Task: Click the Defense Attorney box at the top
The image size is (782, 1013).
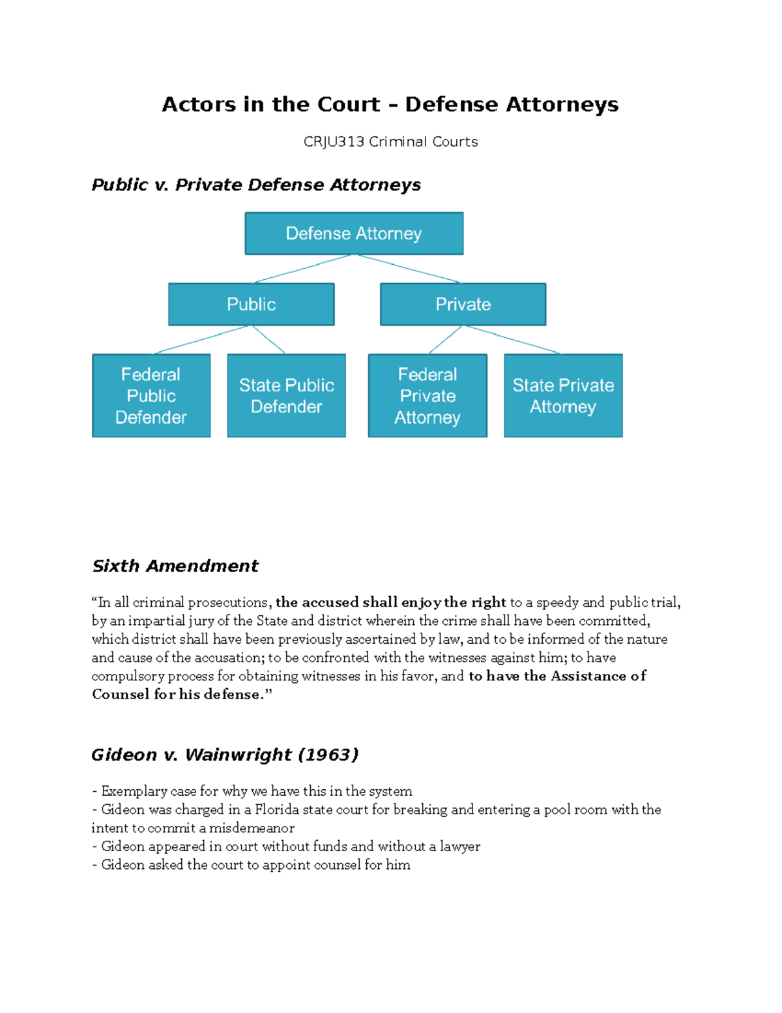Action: coord(354,234)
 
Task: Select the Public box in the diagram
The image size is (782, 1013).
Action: coord(251,304)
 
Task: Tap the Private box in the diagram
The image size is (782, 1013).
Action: coord(463,304)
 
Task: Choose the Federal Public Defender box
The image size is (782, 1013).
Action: coord(151,395)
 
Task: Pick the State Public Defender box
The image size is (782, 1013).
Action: coord(286,395)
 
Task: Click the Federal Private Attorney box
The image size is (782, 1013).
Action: coord(427,395)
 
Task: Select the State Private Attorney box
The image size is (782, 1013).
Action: coord(563,395)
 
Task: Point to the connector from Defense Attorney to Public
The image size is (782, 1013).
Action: coord(303,269)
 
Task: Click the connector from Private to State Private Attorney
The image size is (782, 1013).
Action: coord(514,340)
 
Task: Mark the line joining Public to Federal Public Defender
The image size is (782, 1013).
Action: coord(202,340)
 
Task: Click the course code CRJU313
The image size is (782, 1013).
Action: coord(334,142)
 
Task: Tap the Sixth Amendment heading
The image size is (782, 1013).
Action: coord(175,566)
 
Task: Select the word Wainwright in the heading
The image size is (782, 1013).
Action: coord(238,755)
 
